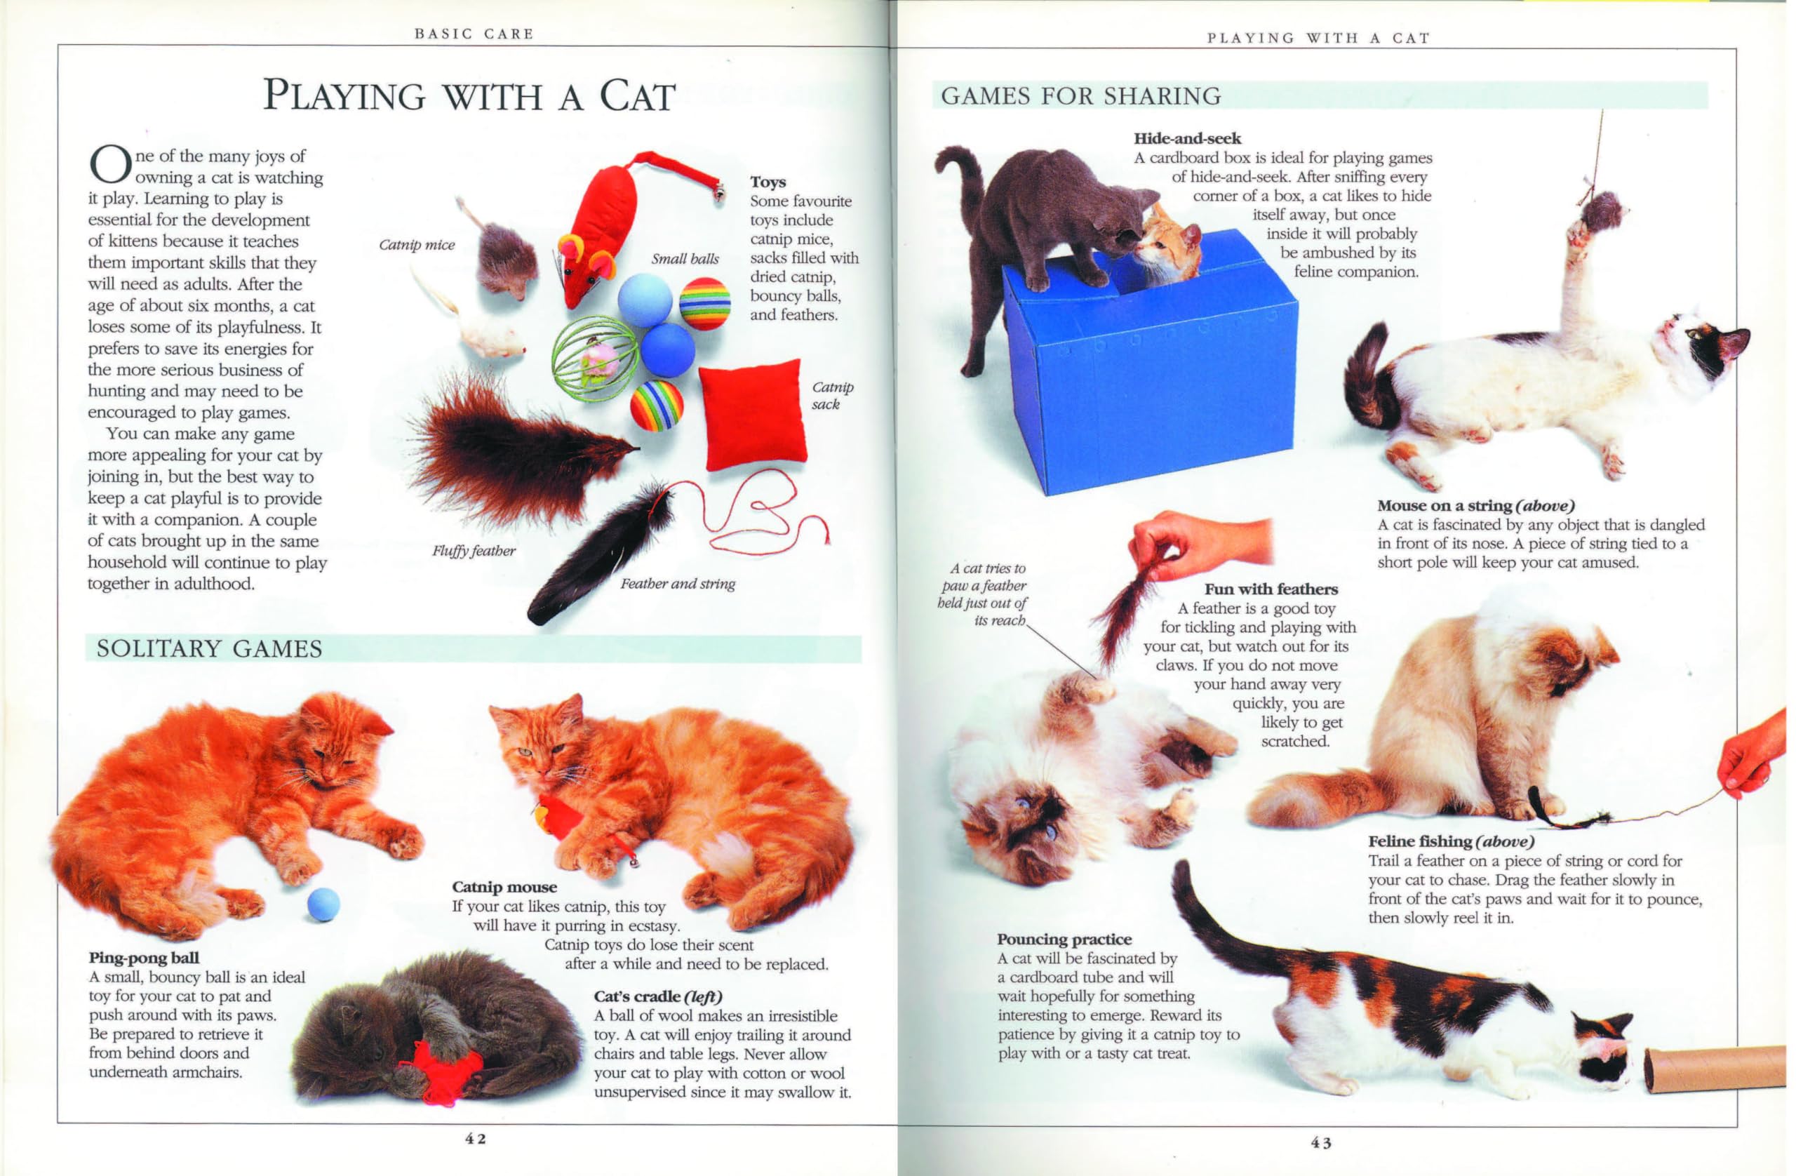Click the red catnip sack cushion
coord(752,415)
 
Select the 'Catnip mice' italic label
coord(417,245)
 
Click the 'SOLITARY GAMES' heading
coord(209,648)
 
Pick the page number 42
coord(476,1139)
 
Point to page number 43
coord(1320,1143)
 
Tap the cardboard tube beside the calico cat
coord(1713,1068)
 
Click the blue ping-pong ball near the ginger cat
coord(323,904)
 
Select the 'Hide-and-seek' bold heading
coord(1187,138)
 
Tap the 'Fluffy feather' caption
coord(473,551)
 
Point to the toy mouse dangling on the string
coord(1600,211)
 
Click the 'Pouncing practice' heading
coord(1064,939)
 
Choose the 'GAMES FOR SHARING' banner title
coord(1080,96)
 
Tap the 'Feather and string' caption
coord(677,584)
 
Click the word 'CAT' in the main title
coord(638,97)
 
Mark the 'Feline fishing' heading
coord(1419,841)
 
